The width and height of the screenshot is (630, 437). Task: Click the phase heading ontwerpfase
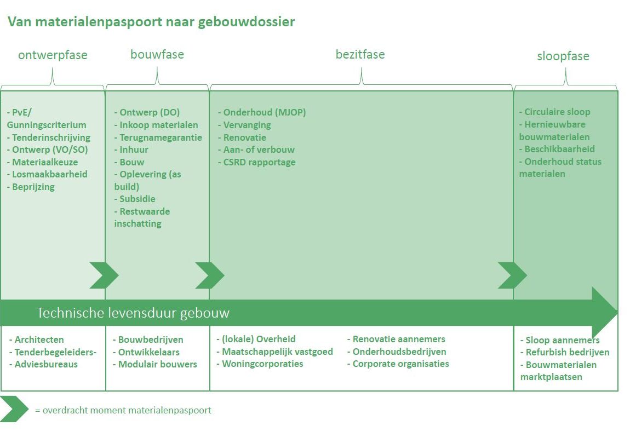53,55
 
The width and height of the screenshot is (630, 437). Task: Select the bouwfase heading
157,54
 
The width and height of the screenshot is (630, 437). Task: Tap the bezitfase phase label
360,54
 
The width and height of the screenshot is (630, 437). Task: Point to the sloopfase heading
563,56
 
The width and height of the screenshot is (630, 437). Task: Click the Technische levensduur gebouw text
133,313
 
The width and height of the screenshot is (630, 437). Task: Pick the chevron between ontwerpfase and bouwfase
104,275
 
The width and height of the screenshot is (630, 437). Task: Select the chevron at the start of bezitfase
210,275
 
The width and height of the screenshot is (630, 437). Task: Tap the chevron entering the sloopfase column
512,275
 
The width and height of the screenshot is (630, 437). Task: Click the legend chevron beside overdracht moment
14,409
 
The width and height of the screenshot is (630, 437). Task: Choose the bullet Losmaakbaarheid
47,174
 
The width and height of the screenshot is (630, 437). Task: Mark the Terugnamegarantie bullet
158,137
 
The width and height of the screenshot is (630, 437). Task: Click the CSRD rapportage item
257,162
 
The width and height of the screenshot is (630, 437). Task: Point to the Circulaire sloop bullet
554,112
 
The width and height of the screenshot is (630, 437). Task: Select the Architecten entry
36,340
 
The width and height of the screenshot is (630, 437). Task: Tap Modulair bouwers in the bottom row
154,364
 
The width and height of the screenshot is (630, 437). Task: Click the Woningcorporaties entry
260,364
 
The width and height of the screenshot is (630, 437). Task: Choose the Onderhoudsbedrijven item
397,352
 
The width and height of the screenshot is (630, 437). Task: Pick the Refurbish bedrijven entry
564,352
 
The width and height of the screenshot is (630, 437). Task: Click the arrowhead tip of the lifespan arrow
617,312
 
